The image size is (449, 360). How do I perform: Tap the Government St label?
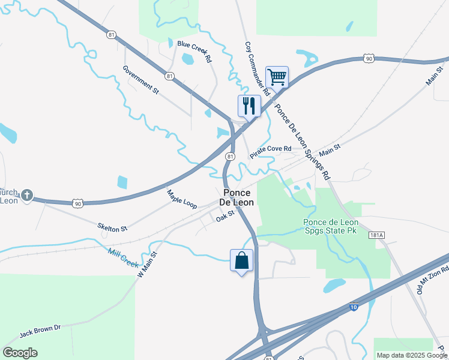click(140, 79)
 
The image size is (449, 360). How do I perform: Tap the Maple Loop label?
click(182, 199)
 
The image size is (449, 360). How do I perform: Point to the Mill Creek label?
click(123, 259)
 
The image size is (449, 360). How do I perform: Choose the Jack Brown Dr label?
click(41, 331)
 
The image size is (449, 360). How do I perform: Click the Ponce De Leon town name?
click(238, 197)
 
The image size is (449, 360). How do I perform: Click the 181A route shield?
click(377, 235)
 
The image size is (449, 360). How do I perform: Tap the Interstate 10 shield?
click(354, 307)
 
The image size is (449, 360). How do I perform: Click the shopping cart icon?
click(277, 77)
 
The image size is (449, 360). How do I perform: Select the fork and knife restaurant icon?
click(249, 106)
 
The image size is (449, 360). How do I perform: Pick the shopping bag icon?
click(242, 260)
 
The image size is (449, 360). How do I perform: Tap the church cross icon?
click(27, 195)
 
